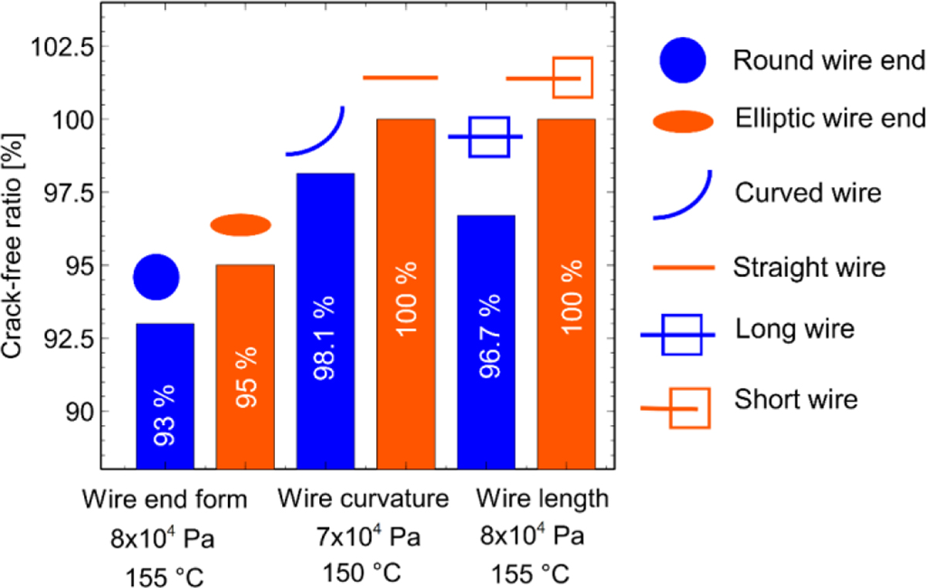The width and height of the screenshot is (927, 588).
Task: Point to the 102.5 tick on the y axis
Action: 59,46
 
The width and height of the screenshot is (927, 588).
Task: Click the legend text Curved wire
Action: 807,192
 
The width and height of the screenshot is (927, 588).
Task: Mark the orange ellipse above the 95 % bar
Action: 240,225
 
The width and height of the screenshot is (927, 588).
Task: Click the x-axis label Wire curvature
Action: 364,499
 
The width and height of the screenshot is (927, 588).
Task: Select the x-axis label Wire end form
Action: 164,499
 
